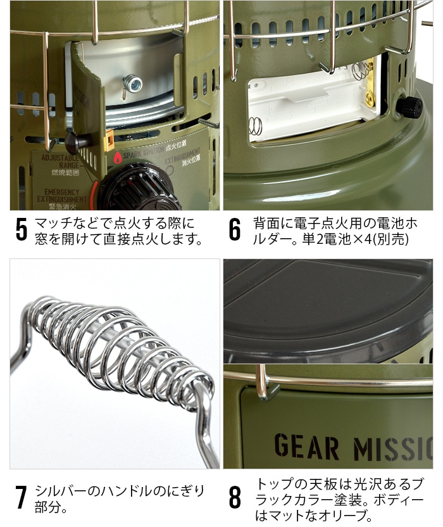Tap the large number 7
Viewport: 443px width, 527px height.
(22, 497)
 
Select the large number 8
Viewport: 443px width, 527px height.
(235, 497)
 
